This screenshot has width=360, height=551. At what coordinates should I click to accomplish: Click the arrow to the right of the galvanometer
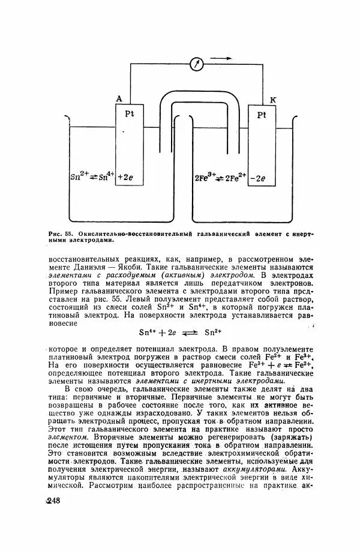(221, 58)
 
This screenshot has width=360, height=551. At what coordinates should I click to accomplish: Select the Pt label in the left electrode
(130, 113)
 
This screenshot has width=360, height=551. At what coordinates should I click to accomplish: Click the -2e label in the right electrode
(262, 178)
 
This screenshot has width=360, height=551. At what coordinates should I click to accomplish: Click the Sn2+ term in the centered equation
(214, 332)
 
